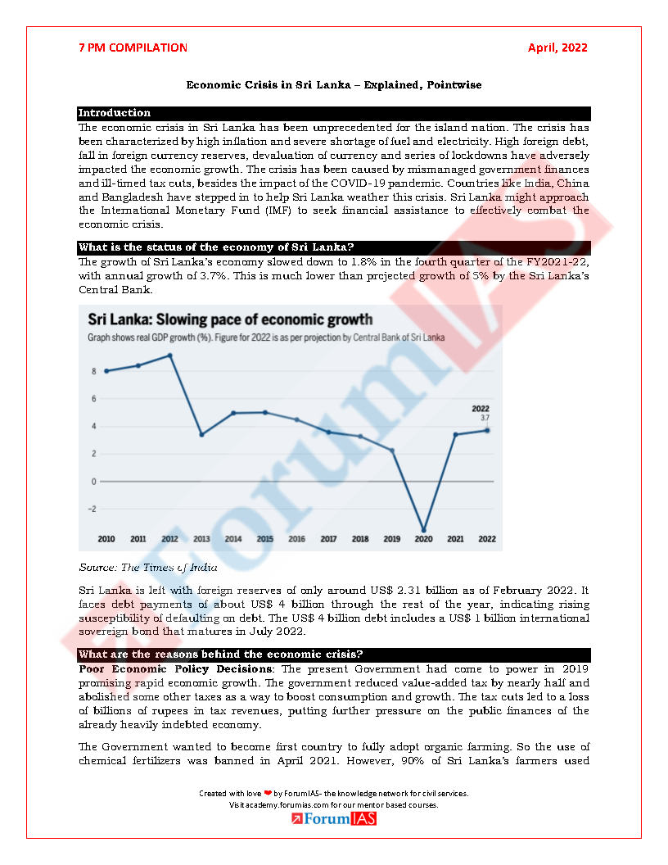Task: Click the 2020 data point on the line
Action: coord(423,530)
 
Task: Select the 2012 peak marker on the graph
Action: coord(169,356)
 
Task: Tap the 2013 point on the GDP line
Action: coord(201,434)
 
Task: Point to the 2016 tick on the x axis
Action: coord(296,540)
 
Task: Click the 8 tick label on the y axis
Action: coord(94,371)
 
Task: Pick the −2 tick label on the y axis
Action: coord(92,509)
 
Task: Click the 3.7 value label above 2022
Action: coord(485,418)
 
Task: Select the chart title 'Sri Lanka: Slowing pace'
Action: coord(230,319)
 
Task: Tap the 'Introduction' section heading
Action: coord(115,113)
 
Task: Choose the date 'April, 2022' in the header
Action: coord(557,48)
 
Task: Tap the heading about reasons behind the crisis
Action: coord(221,654)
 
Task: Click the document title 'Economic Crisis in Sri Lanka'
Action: coord(333,85)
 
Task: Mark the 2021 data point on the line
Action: coord(455,434)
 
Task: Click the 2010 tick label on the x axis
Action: coord(106,540)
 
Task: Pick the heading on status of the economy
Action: coord(216,247)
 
